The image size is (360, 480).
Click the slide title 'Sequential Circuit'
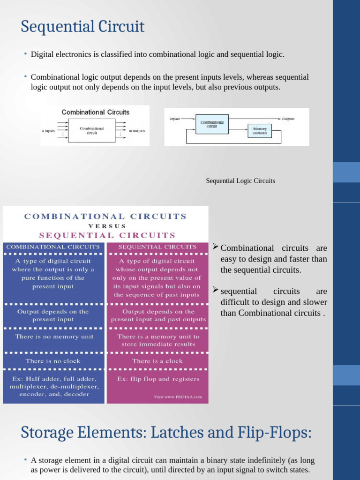pos(82,27)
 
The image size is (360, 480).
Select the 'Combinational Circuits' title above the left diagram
pos(96,112)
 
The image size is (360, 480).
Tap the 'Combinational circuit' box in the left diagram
pos(92,131)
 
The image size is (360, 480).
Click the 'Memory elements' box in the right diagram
pos(259,131)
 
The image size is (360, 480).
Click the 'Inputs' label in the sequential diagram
pos(175,119)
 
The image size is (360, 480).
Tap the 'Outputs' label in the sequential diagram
pos(288,119)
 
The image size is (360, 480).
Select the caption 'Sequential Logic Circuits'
pos(240,181)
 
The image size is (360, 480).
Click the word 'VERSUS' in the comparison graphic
pos(107,226)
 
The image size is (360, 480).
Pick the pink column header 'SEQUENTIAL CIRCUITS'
pos(157,247)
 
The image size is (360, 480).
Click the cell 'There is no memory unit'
pos(54,337)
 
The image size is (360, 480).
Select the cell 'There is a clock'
pos(157,361)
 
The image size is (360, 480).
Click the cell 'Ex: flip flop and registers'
pos(158,379)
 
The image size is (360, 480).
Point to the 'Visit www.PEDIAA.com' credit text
pos(178,397)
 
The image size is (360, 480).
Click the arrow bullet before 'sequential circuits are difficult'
pos(216,291)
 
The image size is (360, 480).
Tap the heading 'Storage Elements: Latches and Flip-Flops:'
pos(166,432)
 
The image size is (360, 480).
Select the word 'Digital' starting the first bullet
pos(41,54)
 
